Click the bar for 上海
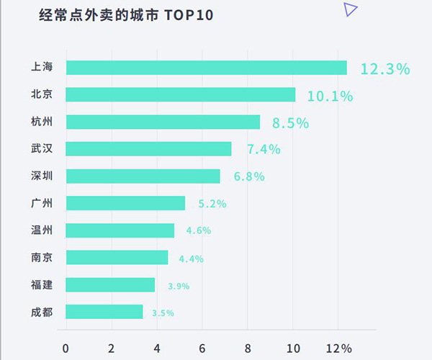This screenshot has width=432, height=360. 207,68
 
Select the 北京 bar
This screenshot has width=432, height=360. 181,95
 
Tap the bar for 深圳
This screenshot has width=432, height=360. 143,176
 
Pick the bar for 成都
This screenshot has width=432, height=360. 104,312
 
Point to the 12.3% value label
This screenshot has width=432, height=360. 385,69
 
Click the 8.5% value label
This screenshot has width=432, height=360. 290,123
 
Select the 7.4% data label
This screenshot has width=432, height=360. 264,150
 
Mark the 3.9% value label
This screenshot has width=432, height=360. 178,286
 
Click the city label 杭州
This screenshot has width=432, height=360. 42,122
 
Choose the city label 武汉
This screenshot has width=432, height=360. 42,149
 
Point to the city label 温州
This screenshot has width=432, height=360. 42,230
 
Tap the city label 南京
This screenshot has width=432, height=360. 42,257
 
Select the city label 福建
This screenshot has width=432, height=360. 42,284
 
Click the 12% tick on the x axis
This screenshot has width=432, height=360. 338,348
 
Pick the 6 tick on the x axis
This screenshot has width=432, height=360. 202,348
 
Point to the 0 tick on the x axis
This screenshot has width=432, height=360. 66,348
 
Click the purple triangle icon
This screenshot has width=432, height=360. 350,9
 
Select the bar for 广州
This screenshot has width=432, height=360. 125,203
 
